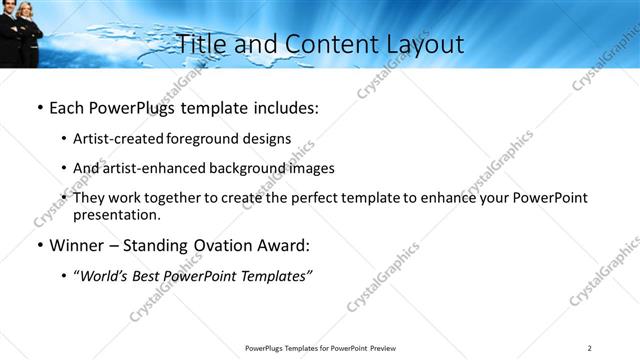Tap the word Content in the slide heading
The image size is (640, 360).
coord(320,44)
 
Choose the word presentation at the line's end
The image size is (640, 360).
coord(116,215)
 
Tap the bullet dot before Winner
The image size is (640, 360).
coord(39,245)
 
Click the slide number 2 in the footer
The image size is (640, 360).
coord(590,348)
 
